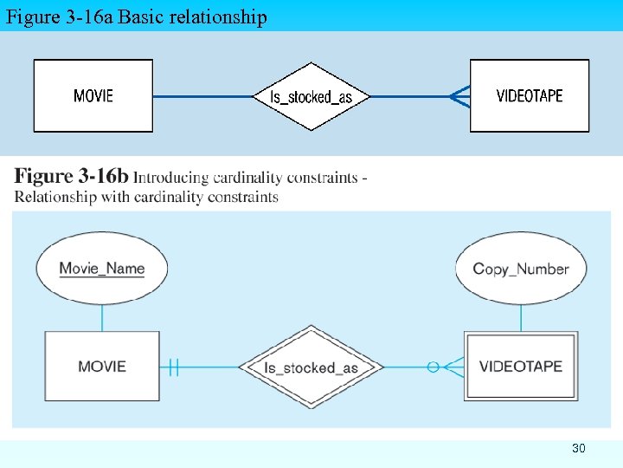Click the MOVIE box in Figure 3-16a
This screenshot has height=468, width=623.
tap(93, 95)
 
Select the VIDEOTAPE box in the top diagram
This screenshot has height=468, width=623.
tap(529, 95)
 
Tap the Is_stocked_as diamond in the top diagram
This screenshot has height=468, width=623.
tap(311, 96)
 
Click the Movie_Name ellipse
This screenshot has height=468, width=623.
tap(102, 268)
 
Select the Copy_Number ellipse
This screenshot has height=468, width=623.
tap(521, 269)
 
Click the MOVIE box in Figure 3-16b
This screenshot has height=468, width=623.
tap(102, 367)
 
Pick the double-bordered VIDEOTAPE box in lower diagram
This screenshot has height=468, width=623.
tap(521, 366)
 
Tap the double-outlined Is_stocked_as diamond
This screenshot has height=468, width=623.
tap(311, 367)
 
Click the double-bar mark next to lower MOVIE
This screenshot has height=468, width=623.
tap(173, 367)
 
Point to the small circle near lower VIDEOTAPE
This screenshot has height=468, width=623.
tap(433, 367)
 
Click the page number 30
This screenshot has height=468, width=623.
tap(579, 448)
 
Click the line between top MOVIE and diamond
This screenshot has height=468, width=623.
tap(203, 96)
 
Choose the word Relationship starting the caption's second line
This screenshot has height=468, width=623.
tap(54, 197)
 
